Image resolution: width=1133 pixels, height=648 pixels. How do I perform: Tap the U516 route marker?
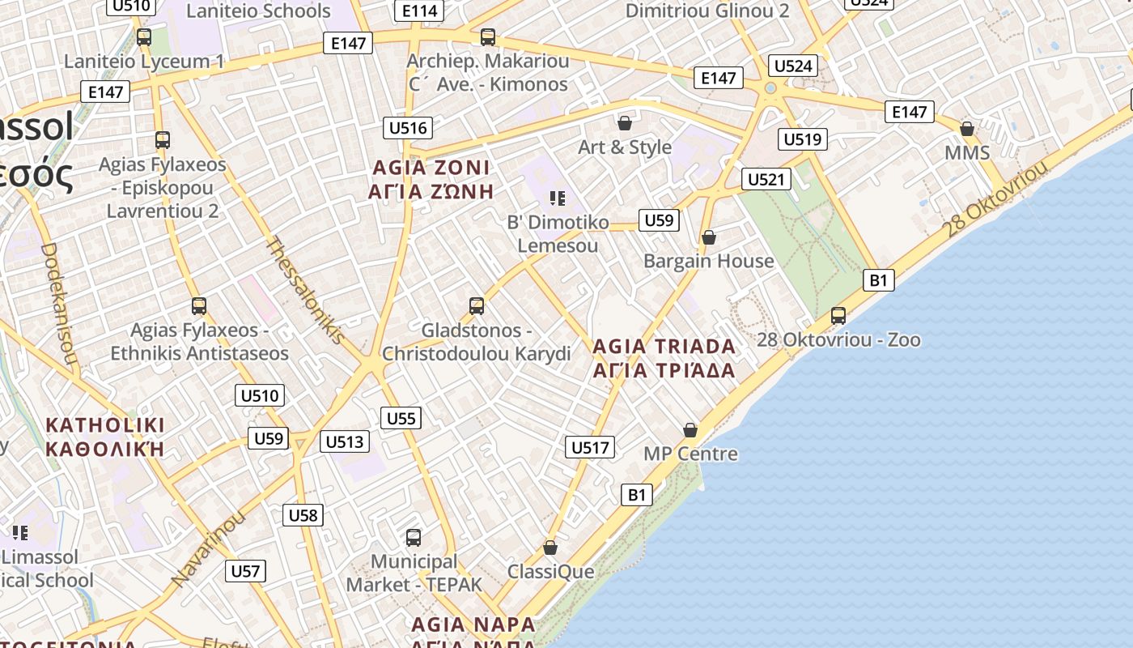(408, 128)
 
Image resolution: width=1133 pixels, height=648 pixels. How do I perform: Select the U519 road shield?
(802, 139)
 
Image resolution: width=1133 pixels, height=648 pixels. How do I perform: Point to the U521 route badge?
(766, 179)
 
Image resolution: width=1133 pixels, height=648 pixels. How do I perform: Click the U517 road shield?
(590, 447)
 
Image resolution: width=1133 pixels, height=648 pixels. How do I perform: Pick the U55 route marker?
(401, 418)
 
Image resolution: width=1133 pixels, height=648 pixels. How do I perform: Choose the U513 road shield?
(346, 441)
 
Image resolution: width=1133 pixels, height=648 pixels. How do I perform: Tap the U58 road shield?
(303, 515)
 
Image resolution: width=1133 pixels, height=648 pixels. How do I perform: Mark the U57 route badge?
(245, 571)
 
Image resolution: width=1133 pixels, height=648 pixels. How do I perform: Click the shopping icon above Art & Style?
(625, 123)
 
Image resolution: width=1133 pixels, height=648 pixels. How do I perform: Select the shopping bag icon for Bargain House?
(709, 237)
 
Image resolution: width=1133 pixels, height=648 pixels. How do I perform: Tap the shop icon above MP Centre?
(690, 430)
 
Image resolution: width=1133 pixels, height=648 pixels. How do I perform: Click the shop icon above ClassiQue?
(550, 548)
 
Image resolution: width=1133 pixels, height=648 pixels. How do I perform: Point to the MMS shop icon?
(967, 129)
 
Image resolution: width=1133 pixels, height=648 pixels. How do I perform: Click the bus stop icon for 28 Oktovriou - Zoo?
(838, 316)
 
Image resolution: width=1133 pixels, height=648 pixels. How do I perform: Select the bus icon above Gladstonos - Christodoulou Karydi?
(477, 306)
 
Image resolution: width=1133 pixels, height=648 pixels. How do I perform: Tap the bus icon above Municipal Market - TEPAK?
(414, 538)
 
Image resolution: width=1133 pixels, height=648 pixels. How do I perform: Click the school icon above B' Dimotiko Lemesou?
(557, 198)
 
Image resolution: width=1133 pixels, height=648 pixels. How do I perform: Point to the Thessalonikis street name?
(307, 289)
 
